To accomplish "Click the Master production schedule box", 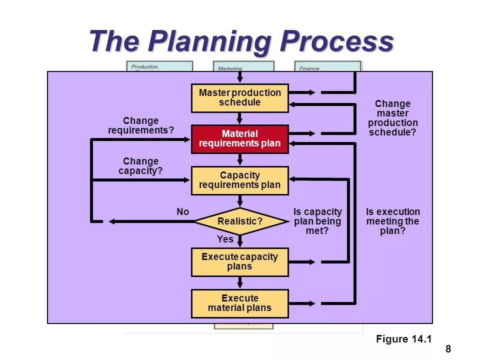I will [x=240, y=98].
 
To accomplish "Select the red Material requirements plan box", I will [x=240, y=139].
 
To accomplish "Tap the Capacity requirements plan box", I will [x=240, y=180].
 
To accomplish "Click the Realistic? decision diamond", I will [x=240, y=221].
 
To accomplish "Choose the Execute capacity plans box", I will [x=240, y=262].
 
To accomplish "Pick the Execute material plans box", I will [x=240, y=303].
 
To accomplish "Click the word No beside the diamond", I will [x=183, y=212].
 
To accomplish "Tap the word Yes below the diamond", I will [x=225, y=239].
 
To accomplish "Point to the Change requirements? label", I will [x=141, y=126].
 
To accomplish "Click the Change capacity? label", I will [x=141, y=166].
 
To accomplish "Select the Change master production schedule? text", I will [x=393, y=118].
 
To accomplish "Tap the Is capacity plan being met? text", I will [x=317, y=221].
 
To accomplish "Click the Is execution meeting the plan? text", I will [x=393, y=221].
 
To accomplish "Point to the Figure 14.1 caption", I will [x=403, y=339].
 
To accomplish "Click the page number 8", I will [x=448, y=349].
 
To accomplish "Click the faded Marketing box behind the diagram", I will [x=243, y=67].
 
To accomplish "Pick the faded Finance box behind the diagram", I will [x=327, y=66].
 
